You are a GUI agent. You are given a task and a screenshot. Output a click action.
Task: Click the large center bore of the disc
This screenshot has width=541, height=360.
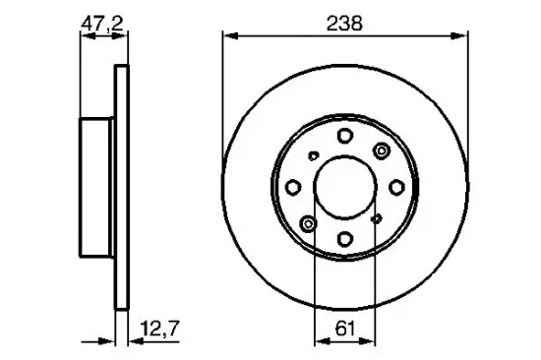point(344,186)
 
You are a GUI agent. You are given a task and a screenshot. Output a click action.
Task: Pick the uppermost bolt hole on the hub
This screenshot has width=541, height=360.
point(344,136)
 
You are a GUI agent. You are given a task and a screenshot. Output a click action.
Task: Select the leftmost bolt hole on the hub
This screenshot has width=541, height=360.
point(294,186)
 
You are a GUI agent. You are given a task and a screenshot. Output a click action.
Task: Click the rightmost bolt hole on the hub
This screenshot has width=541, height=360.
point(394,186)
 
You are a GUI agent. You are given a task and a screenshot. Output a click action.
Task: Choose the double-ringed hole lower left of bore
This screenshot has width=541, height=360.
point(309,222)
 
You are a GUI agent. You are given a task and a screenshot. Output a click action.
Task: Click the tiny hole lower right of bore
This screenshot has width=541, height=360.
point(377,218)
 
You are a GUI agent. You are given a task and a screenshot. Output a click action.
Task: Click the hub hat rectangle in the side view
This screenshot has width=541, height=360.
point(98,186)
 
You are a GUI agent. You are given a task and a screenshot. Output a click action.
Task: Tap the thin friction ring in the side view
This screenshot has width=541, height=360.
point(122,186)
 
